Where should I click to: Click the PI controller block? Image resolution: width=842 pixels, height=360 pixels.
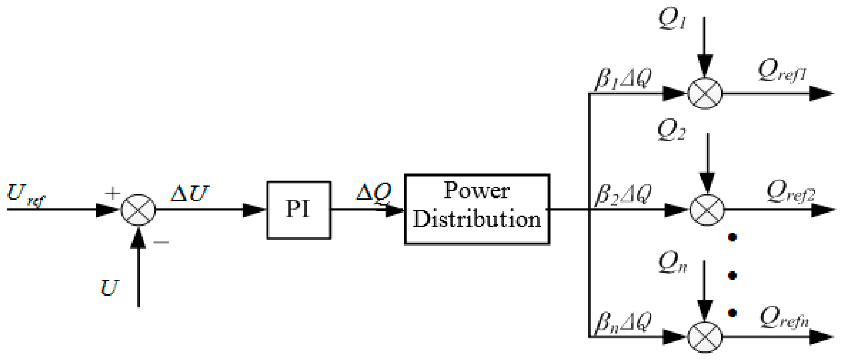[298, 210]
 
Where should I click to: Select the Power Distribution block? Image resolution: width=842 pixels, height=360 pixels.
[477, 209]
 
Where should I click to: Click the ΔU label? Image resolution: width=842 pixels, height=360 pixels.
[190, 193]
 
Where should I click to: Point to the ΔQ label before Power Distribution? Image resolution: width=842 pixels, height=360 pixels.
[374, 192]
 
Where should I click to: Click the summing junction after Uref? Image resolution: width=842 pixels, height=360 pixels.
[138, 210]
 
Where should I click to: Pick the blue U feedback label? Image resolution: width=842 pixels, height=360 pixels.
[110, 287]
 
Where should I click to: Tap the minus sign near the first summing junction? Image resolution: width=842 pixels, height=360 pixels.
[161, 242]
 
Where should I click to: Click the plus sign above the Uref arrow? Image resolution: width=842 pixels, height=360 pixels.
[112, 193]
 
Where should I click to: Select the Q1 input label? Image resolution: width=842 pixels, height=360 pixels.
[672, 19]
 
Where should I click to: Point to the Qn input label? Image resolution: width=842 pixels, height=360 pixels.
[672, 262]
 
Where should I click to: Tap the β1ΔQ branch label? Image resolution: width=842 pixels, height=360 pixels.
[623, 79]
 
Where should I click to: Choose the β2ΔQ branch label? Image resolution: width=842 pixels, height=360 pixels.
[623, 194]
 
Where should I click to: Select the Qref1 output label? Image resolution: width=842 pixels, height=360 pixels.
[782, 70]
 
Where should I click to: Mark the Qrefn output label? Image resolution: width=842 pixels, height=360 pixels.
[784, 318]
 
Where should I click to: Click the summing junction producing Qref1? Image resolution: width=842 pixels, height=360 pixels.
[705, 94]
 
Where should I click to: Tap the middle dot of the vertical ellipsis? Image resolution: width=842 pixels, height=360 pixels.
[732, 275]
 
